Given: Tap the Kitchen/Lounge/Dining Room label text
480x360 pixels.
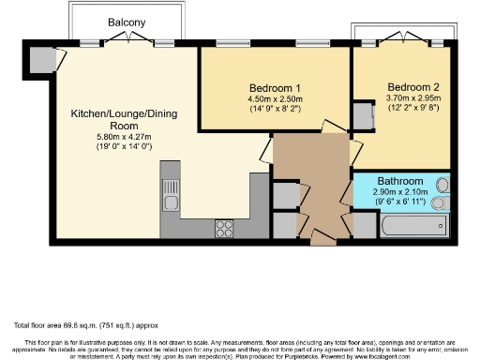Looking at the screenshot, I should pos(111,119).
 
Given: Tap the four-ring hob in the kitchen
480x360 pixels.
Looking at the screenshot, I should pos(226,227).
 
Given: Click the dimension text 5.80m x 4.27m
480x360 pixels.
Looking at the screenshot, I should pos(110,138).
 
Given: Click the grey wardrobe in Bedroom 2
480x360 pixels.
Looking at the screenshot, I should pos(362,114).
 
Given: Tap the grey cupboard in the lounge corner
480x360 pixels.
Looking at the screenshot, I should pos(41,59).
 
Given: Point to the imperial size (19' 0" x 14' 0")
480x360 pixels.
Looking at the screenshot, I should pos(110,147).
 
